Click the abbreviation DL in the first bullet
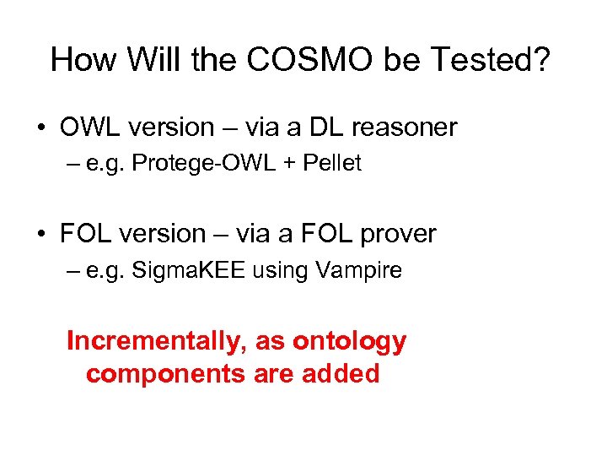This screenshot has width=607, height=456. pos(321,128)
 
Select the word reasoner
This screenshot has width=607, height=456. pos(401,128)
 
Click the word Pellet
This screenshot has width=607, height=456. pos(332,164)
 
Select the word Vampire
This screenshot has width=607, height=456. pos(361,270)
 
